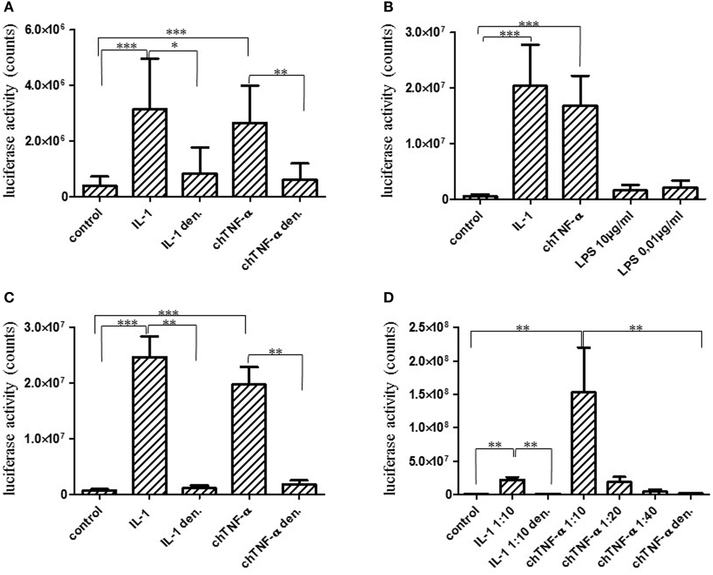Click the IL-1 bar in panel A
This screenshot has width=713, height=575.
pos(149,153)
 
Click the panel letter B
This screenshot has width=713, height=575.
pos(388,7)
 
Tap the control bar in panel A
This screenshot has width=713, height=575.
pos(100,191)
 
